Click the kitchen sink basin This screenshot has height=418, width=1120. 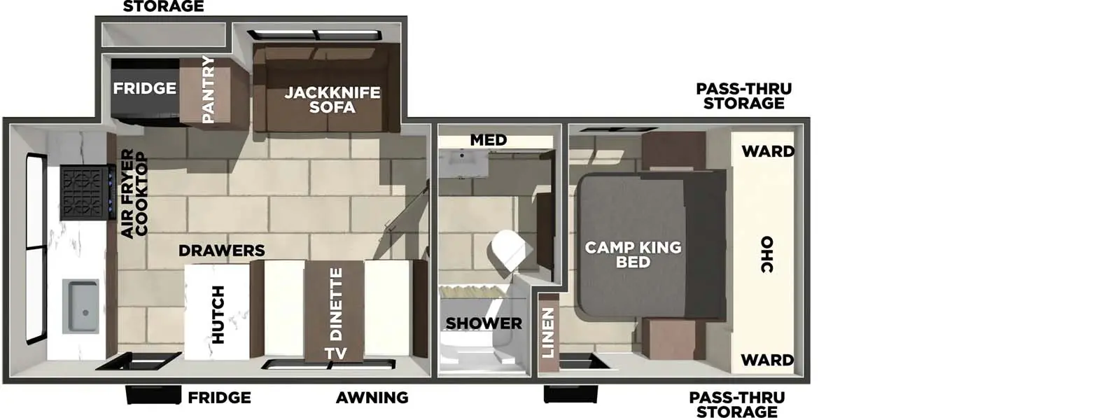pyautogui.click(x=80, y=307)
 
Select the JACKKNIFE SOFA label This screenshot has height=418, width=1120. pyautogui.click(x=332, y=99)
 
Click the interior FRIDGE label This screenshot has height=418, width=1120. pyautogui.click(x=145, y=88)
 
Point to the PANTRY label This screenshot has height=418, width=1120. pyautogui.click(x=208, y=90)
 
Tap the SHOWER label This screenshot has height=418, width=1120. pyautogui.click(x=484, y=323)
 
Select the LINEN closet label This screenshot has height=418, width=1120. pyautogui.click(x=548, y=332)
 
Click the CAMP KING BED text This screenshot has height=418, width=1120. pyautogui.click(x=633, y=254)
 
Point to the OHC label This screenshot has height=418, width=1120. pyautogui.click(x=766, y=255)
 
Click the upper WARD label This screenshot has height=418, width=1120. pyautogui.click(x=768, y=151)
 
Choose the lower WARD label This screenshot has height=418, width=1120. pyautogui.click(x=767, y=360)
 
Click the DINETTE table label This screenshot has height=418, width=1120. pyautogui.click(x=336, y=303)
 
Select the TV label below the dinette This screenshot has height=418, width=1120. pyautogui.click(x=335, y=354)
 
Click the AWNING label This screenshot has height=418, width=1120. pyautogui.click(x=372, y=398)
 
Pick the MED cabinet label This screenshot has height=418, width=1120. pyautogui.click(x=488, y=140)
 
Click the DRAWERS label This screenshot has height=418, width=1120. pyautogui.click(x=221, y=251)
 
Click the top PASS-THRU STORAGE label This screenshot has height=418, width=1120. pyautogui.click(x=743, y=96)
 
